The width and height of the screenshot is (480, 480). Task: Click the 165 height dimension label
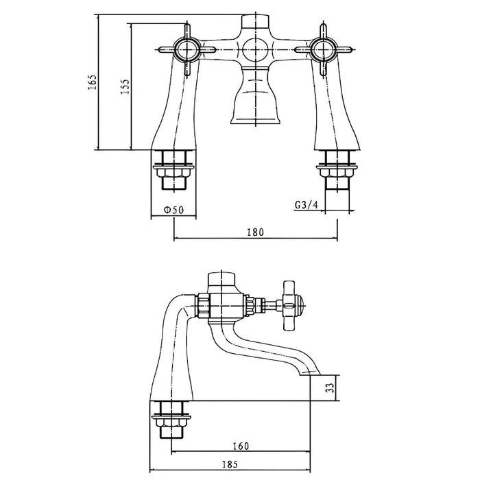tap(93, 82)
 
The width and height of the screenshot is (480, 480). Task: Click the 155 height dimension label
tap(125, 86)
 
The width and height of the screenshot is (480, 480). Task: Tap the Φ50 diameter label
tap(173, 210)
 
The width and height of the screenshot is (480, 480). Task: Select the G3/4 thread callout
tap(307, 205)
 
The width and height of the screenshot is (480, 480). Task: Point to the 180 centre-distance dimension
tap(255, 232)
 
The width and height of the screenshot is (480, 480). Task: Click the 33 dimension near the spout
tap(331, 388)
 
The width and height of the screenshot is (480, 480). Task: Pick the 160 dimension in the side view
tap(241, 446)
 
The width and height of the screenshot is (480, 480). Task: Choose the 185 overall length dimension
tap(230, 464)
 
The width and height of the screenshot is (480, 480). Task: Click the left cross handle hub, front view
tap(186, 49)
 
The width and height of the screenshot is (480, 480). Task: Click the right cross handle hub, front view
tap(323, 49)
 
